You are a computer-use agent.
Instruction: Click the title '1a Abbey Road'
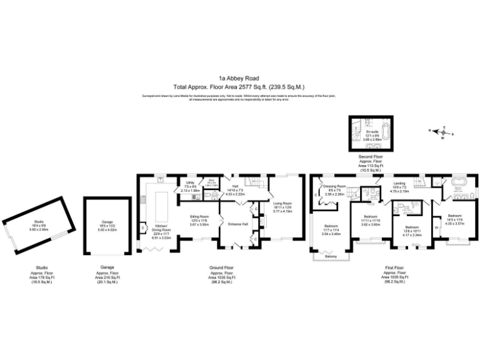[239, 79]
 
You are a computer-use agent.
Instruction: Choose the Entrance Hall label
[238, 223]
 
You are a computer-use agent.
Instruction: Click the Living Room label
[283, 203]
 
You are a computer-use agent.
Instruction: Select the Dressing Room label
[335, 186]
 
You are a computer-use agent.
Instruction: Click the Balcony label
[332, 257]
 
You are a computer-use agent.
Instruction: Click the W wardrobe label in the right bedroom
[436, 227]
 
